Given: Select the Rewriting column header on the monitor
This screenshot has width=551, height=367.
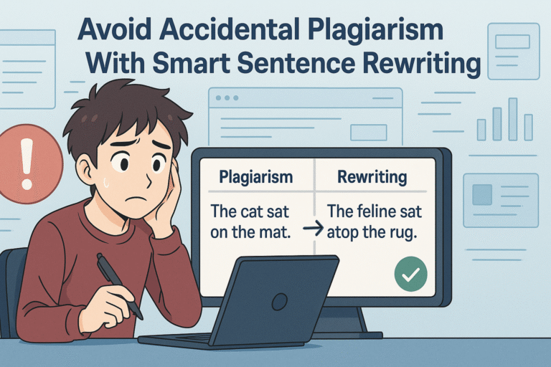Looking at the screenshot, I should point(372,176).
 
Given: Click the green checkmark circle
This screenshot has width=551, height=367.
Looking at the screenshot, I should point(411,274).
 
